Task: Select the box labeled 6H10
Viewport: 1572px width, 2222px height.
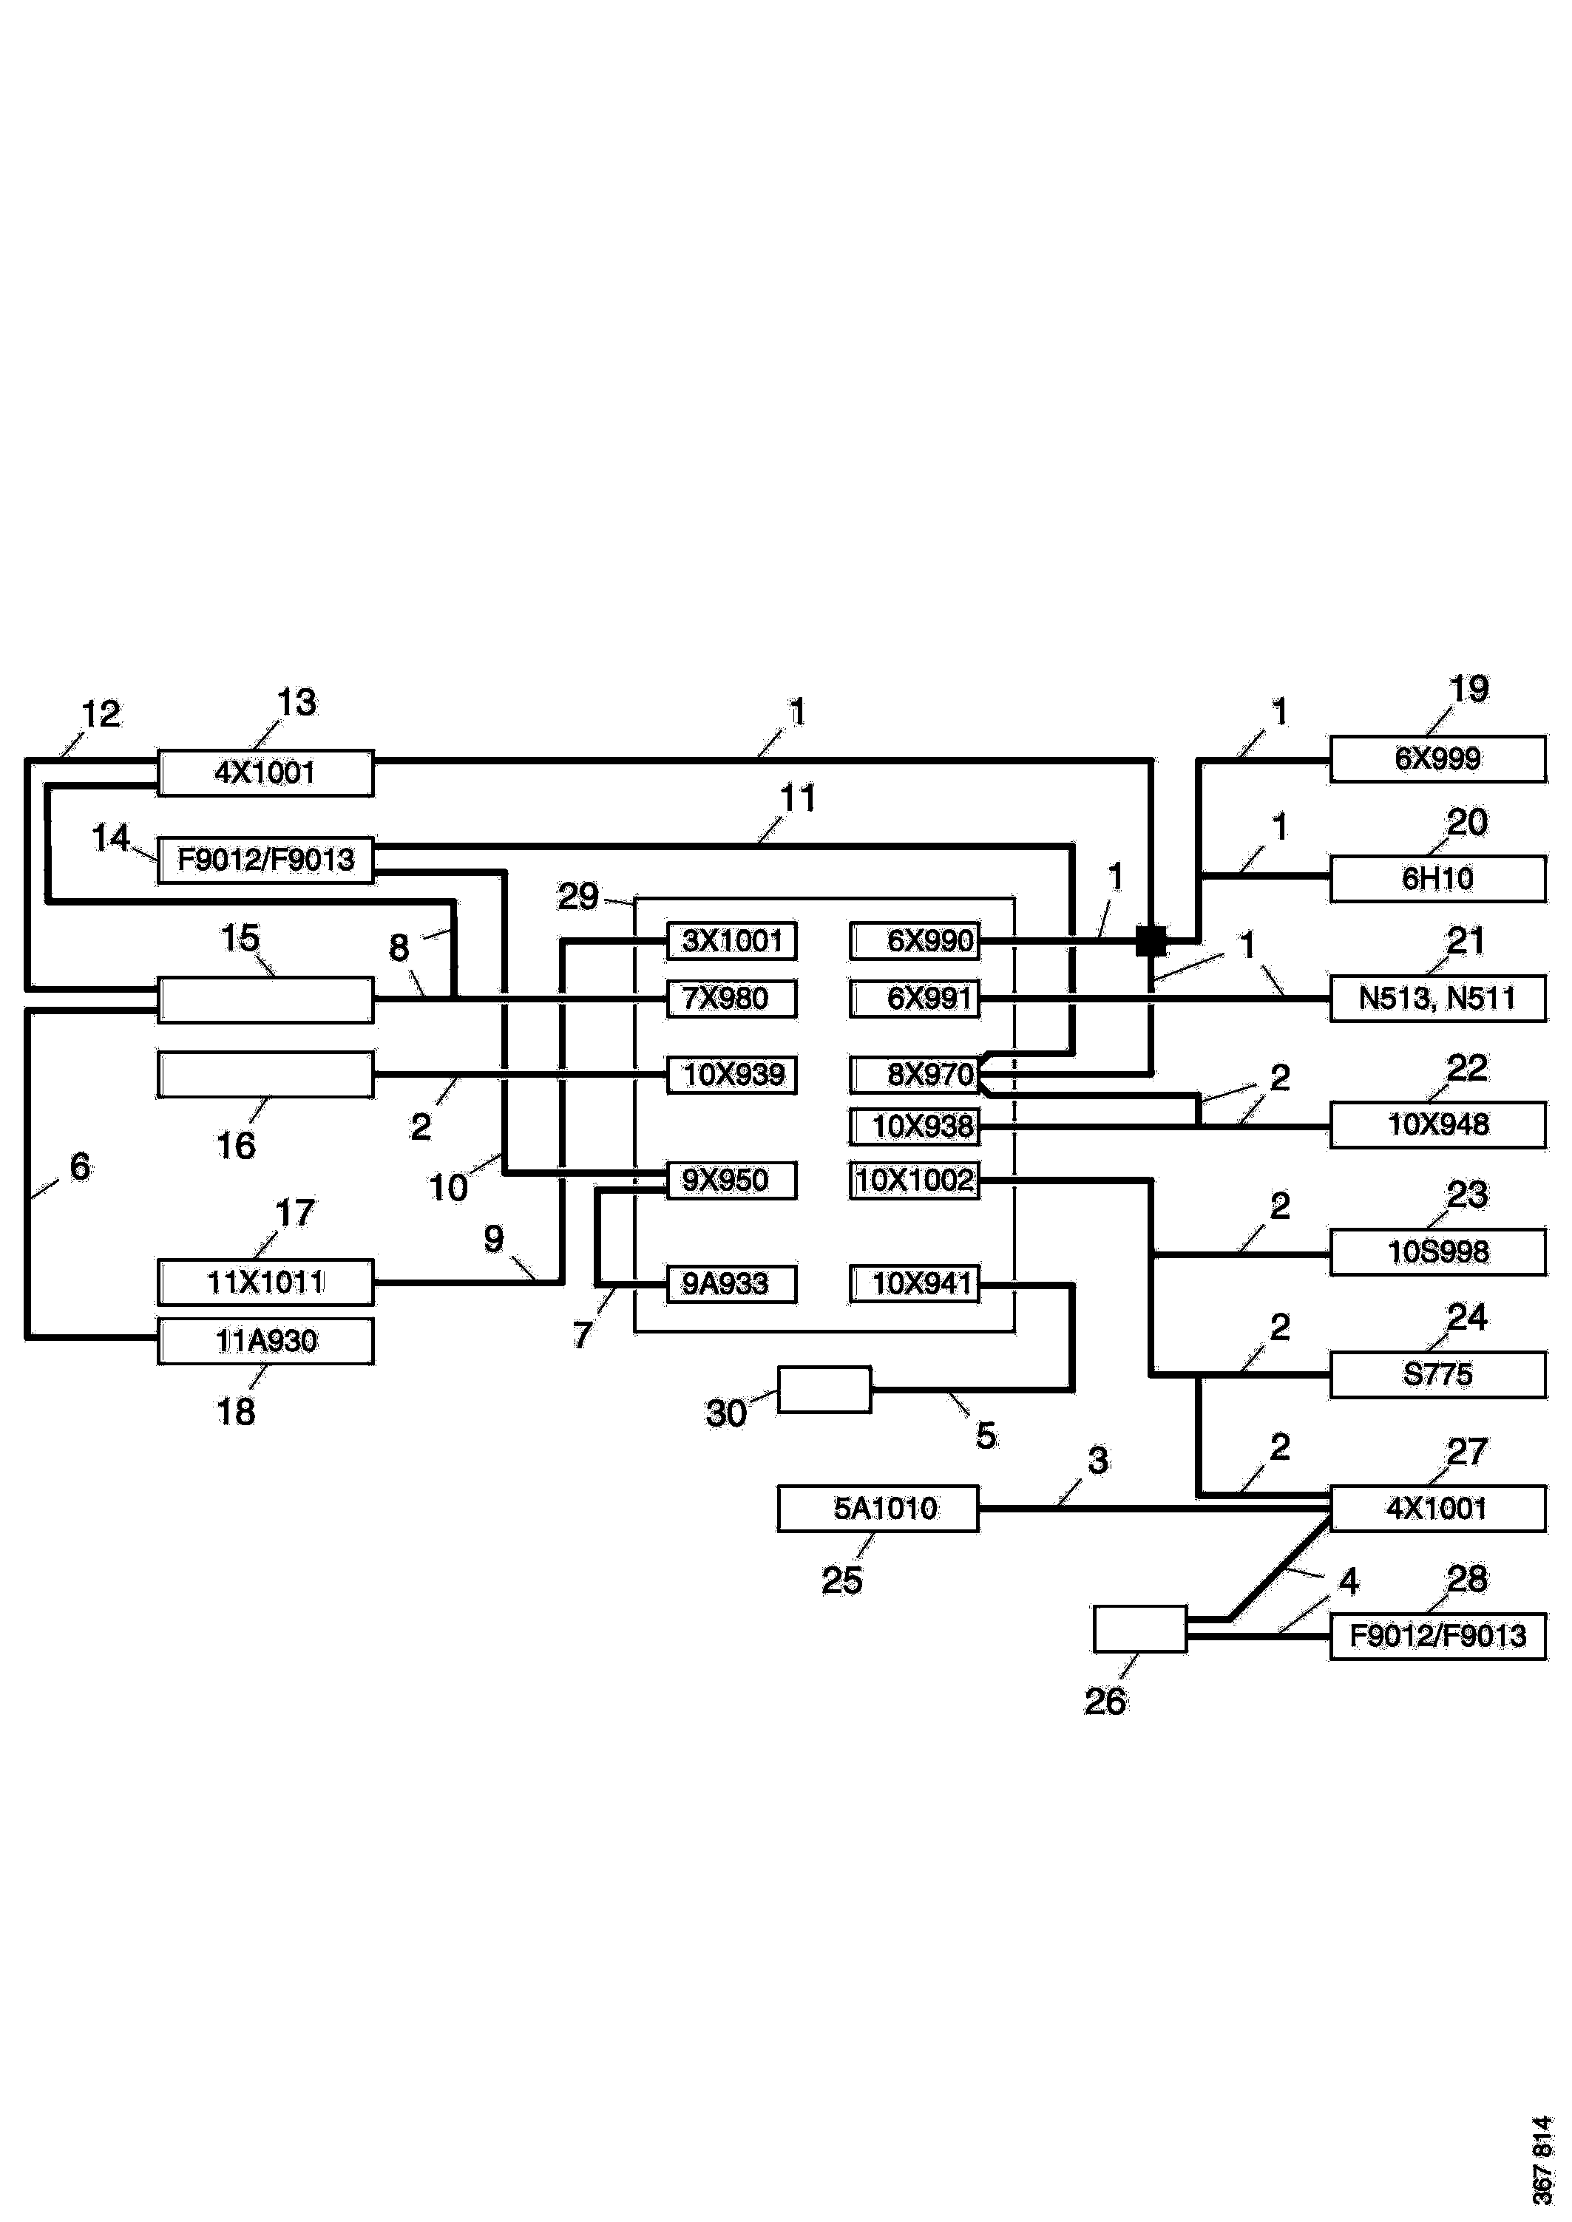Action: point(1437,879)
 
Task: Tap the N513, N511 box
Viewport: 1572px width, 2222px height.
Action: point(1437,998)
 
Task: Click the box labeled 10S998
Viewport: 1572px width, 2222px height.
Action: point(1437,1252)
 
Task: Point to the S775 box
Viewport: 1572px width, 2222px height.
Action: point(1437,1374)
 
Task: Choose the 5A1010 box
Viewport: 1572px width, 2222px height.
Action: point(878,1508)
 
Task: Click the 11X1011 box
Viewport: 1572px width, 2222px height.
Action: point(265,1282)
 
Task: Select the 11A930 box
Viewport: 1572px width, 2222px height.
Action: point(265,1342)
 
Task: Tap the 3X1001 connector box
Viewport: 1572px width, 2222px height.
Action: point(732,941)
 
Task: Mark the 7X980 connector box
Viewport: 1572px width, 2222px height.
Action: point(732,999)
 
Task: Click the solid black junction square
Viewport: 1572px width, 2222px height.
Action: point(1151,941)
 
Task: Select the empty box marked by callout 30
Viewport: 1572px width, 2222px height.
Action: point(824,1390)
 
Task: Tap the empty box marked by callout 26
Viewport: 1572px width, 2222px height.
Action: point(1139,1628)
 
